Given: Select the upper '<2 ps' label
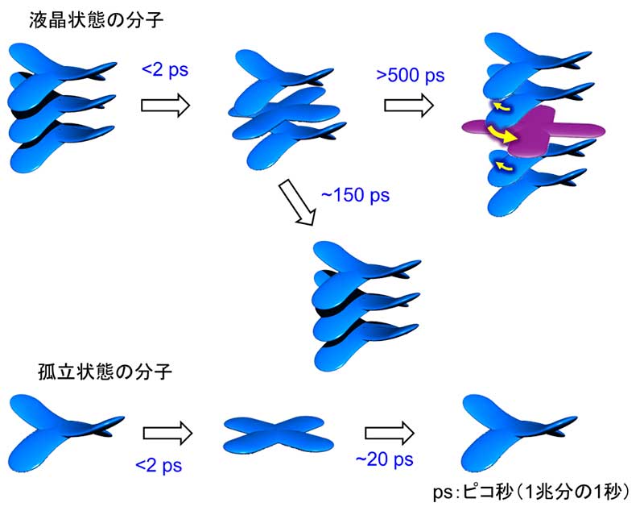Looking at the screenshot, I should tap(165, 70).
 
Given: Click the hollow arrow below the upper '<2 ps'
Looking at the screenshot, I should tap(164, 105).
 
